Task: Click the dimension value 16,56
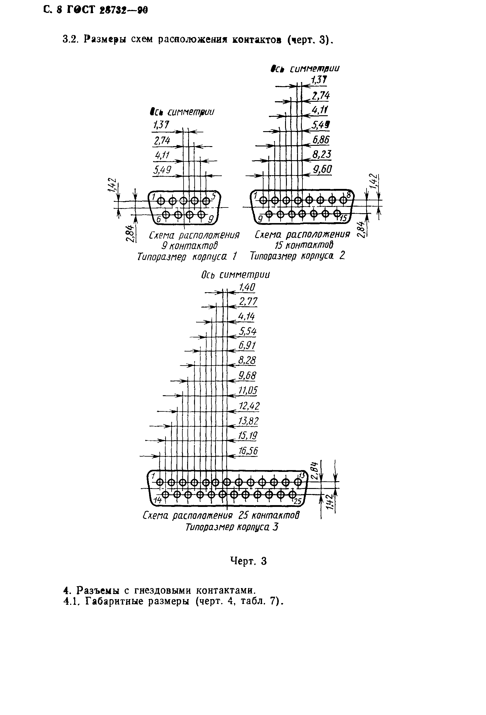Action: [x=248, y=451]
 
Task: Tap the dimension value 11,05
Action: [x=248, y=391]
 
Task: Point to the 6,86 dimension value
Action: [x=321, y=140]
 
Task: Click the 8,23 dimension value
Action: [x=322, y=154]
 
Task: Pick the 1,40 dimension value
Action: [x=247, y=287]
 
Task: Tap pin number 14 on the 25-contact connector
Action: [x=158, y=500]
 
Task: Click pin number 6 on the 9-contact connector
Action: [x=159, y=219]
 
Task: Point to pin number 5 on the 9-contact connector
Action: [x=214, y=195]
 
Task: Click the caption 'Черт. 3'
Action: [x=248, y=561]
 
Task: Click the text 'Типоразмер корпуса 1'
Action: [x=187, y=257]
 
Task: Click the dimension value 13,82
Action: [x=248, y=421]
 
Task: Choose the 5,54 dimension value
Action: [x=248, y=331]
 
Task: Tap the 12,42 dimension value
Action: [x=249, y=406]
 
